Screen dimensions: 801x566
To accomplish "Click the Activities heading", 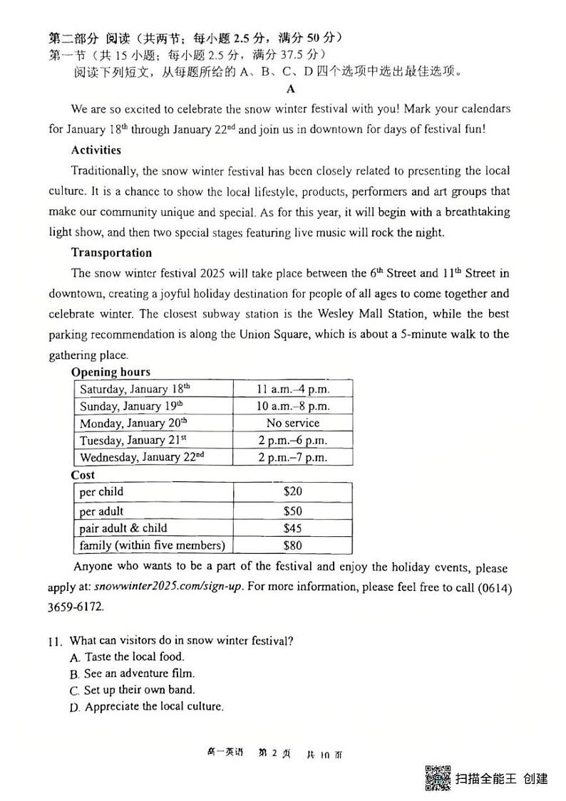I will [96, 150].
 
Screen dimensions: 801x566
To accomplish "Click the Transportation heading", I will [111, 253].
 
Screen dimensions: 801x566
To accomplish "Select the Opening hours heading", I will [110, 372].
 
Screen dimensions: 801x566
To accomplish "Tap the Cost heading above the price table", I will [83, 475].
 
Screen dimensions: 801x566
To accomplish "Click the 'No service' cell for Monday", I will [292, 423].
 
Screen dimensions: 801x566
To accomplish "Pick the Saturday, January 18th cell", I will [135, 389].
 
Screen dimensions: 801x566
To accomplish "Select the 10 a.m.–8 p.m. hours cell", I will [292, 406].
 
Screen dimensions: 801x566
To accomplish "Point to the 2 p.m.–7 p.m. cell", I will [292, 457].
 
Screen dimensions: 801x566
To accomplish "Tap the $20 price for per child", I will [292, 492].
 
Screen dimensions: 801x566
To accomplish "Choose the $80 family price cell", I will [292, 545].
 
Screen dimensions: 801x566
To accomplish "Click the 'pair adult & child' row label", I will [123, 528].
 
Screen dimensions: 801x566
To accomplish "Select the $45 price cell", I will [292, 528].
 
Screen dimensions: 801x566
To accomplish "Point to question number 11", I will [56, 641].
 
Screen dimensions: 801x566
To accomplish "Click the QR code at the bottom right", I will [438, 778].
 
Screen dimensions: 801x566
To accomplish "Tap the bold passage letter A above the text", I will [290, 89].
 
